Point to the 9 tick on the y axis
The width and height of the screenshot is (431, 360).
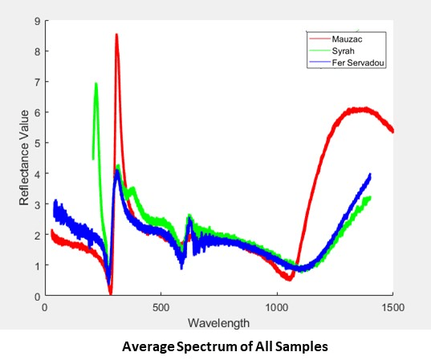37,21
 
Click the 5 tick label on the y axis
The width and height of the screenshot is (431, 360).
37,144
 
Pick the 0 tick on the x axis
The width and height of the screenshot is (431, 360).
45,307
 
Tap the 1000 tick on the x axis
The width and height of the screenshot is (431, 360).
277,307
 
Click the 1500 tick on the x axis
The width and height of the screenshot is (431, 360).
392,307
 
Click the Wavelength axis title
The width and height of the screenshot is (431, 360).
218,322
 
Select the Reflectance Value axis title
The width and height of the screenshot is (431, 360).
24,159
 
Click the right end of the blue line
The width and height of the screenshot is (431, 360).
370,174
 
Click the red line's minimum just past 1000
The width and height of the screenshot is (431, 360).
288,279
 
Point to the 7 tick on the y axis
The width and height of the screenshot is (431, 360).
37,82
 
